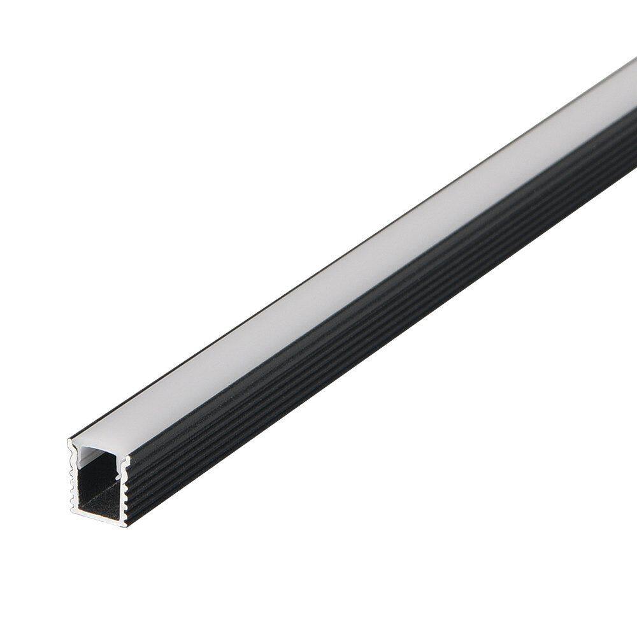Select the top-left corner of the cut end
pyautogui.click(x=69, y=440)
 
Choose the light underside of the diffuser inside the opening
pyautogui.click(x=96, y=455)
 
